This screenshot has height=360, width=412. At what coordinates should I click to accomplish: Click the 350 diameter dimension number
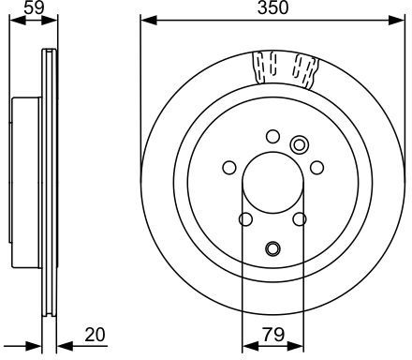272,7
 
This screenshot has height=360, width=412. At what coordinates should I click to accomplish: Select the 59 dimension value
34,7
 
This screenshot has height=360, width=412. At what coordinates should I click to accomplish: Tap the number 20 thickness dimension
96,335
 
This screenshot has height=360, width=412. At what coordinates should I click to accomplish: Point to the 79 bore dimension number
273,335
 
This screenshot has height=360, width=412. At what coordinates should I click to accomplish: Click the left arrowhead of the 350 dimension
149,21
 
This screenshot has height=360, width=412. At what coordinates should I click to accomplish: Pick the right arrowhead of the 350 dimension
397,21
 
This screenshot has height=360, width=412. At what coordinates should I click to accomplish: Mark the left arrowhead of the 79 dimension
250,346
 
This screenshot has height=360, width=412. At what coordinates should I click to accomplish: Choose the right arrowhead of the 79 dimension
296,346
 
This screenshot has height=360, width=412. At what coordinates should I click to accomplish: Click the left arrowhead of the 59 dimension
18,21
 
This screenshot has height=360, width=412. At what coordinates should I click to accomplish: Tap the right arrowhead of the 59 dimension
50,21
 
